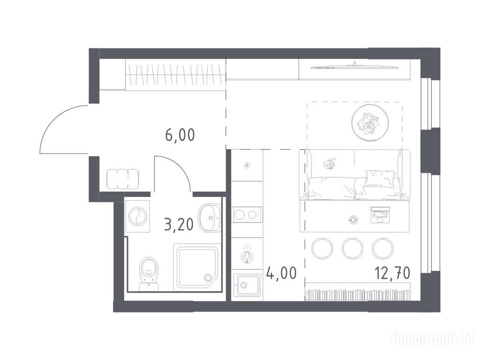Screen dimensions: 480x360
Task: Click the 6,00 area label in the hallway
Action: point(180,135)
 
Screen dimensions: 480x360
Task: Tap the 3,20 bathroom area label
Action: point(179,225)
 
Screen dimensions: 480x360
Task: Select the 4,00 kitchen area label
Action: point(281,273)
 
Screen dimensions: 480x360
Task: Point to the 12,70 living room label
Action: point(392,273)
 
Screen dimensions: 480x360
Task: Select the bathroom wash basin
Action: point(209,217)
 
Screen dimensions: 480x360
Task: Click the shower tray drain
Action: point(209,277)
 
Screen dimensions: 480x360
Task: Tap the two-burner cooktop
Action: point(247,215)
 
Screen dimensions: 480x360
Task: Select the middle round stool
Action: point(352,248)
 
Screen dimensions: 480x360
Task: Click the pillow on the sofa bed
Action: point(380,179)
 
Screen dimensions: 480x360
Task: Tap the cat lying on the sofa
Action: point(330,164)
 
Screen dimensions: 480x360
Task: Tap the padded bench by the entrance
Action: point(122,179)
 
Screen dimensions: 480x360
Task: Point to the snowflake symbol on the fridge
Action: point(247,166)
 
